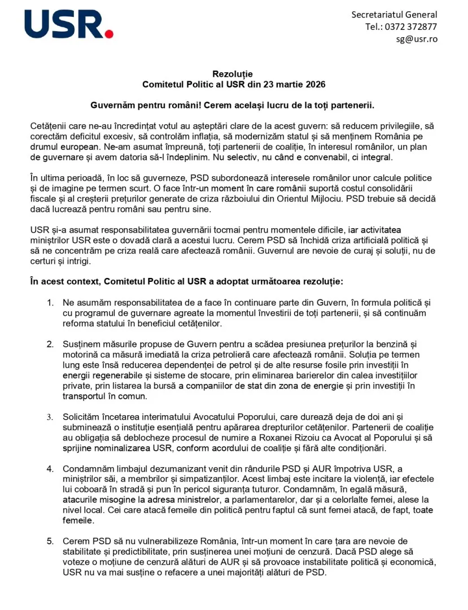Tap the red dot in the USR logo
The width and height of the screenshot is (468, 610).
(x=109, y=34)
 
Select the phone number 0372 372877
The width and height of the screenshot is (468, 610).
(x=410, y=27)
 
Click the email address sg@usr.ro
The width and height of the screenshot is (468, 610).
(x=416, y=39)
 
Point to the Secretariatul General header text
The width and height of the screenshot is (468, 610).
(x=394, y=14)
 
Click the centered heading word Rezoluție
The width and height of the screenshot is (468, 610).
(x=233, y=74)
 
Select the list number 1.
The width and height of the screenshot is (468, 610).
(x=50, y=303)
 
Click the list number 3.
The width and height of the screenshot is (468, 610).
(x=50, y=417)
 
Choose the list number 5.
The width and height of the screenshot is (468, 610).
(x=50, y=542)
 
